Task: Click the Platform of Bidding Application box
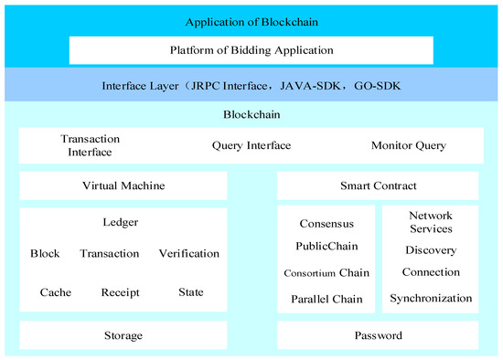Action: pos(251,50)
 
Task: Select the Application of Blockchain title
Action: pos(251,21)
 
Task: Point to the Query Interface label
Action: pos(251,145)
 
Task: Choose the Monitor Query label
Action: pos(409,145)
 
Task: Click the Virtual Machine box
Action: pos(123,185)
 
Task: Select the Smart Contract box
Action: pos(378,185)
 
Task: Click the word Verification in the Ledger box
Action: pos(189,253)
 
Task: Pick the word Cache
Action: pos(56,292)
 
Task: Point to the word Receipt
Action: pos(120,292)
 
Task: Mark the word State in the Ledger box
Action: pos(191,292)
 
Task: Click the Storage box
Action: pos(123,335)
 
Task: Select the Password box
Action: pos(378,335)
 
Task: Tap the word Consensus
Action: pos(326,223)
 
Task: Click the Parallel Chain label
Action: pos(326,299)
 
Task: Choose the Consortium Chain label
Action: pos(326,273)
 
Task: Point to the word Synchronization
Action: pos(431,298)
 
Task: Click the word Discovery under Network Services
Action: pos(431,250)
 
